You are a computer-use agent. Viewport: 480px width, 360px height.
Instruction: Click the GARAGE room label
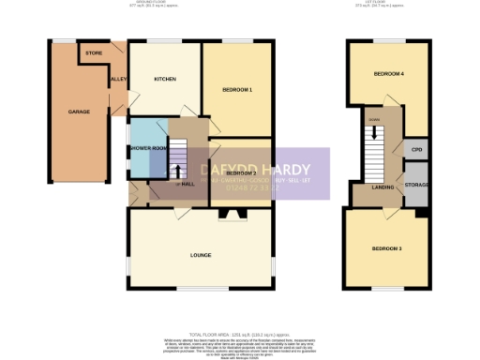click(79, 112)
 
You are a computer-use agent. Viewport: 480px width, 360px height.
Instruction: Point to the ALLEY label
click(118, 81)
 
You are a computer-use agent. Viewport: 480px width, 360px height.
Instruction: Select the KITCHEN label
click(166, 79)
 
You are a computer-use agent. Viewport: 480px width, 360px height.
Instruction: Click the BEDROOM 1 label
click(238, 89)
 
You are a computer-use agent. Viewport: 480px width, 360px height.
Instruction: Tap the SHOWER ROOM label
click(148, 147)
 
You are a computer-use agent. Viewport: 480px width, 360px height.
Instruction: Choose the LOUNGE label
click(200, 254)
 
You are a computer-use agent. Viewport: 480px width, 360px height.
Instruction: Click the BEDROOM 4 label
click(389, 73)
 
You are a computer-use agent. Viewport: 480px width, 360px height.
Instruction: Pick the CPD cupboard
click(417, 150)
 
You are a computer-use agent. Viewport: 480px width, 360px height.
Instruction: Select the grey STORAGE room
click(417, 186)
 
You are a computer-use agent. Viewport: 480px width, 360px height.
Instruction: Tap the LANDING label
click(382, 187)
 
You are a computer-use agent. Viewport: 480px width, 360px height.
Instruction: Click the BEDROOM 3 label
click(386, 248)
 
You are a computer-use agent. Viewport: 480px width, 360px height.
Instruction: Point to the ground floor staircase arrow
click(177, 171)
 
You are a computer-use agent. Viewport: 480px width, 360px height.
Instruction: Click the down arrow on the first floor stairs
click(374, 132)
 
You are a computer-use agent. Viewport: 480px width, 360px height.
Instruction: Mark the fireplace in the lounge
click(230, 214)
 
